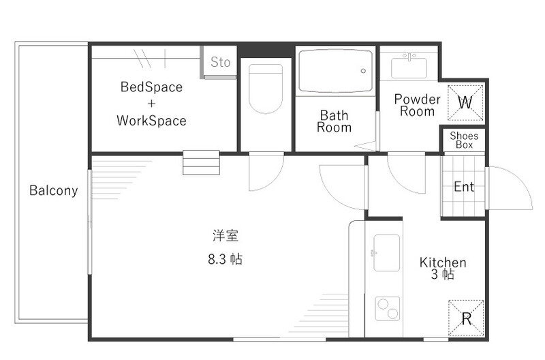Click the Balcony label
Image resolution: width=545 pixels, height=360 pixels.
(53, 190)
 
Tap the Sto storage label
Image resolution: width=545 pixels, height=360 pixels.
(220, 62)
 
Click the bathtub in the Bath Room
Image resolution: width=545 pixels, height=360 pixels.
(335, 70)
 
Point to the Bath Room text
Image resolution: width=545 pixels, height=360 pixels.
(334, 121)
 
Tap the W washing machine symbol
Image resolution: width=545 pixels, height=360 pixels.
(465, 102)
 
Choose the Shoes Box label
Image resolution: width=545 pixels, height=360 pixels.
(465, 140)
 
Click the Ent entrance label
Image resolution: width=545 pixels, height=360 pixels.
(464, 186)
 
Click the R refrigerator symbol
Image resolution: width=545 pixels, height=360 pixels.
(466, 318)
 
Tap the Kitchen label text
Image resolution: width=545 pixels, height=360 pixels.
(443, 262)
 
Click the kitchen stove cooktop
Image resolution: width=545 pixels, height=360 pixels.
(386, 310)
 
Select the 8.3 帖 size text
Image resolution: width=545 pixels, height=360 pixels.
(225, 259)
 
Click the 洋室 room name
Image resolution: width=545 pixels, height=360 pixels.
(225, 236)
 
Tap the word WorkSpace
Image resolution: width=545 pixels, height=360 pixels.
(151, 121)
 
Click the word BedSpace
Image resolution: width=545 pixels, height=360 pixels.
(151, 87)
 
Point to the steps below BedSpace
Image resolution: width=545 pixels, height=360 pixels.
(202, 163)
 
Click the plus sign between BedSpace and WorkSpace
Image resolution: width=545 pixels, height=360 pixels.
(151, 104)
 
